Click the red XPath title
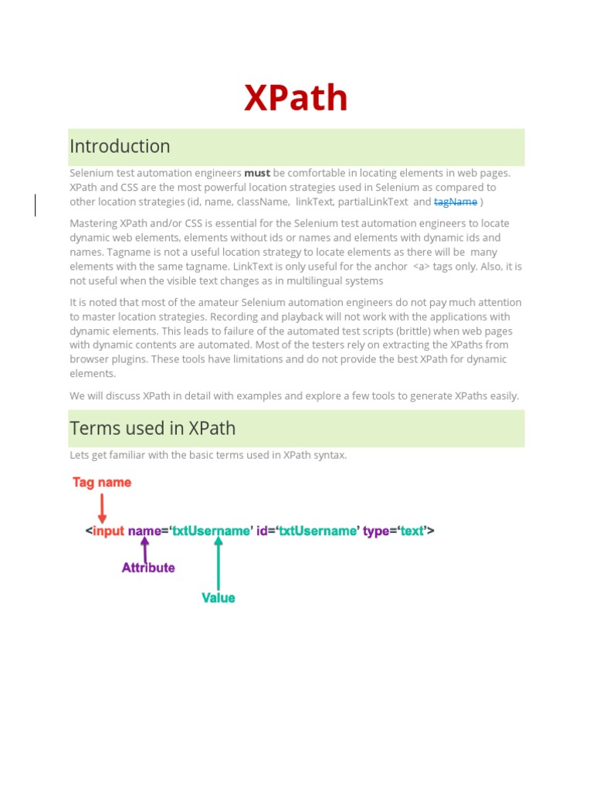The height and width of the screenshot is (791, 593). [296, 99]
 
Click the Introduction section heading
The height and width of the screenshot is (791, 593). [120, 146]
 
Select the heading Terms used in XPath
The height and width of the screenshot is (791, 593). [152, 428]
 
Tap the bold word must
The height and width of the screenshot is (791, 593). [257, 173]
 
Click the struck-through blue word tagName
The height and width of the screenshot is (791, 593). [456, 202]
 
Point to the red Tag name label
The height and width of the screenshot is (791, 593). [102, 483]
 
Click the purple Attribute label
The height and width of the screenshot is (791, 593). [148, 568]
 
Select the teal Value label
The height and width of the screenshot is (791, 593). [219, 598]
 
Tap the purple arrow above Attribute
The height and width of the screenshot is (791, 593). [145, 549]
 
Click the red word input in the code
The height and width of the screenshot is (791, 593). [108, 531]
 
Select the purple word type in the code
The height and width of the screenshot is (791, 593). [376, 531]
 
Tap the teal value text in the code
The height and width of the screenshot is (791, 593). [412, 531]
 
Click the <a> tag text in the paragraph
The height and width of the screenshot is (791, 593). [421, 266]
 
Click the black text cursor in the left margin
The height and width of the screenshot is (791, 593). [36, 205]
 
